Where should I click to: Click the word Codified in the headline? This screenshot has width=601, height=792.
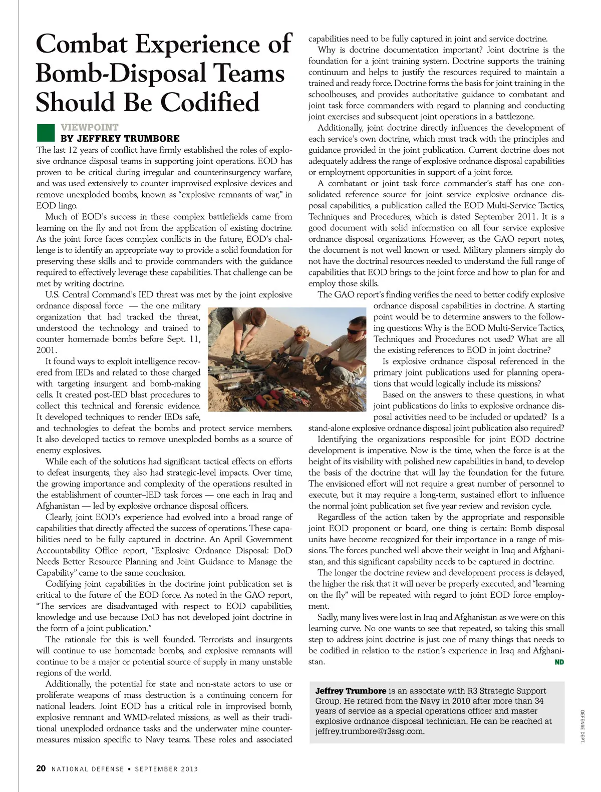pyautogui.click(x=210, y=102)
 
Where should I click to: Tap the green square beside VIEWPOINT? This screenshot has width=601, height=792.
pyautogui.click(x=46, y=133)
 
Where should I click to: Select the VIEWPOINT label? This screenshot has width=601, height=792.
pyautogui.click(x=90, y=128)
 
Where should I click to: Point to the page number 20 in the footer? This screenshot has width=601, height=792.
pyautogui.click(x=41, y=768)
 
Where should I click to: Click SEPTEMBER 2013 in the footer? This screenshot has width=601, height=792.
pyautogui.click(x=166, y=769)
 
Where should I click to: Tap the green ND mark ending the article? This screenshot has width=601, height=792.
pyautogui.click(x=559, y=662)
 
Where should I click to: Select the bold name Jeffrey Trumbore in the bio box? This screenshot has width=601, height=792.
pyautogui.click(x=351, y=691)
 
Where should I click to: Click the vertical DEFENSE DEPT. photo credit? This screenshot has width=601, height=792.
pyautogui.click(x=582, y=726)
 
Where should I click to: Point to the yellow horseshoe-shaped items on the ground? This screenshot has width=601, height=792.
pyautogui.click(x=271, y=399)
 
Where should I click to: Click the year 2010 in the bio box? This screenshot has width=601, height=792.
pyautogui.click(x=433, y=701)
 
